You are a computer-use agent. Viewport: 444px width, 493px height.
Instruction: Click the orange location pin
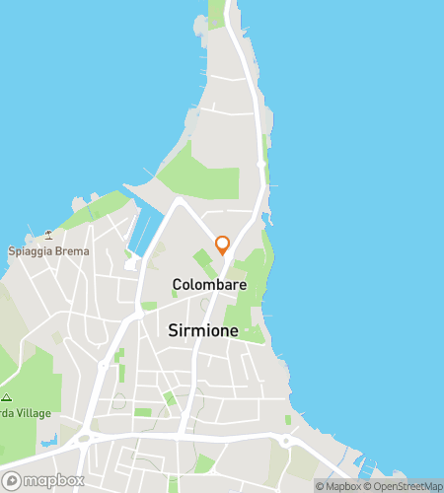pos(222,244)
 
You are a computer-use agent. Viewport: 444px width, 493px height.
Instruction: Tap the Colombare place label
pos(209,285)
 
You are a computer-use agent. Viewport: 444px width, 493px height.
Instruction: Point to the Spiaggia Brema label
pos(48,251)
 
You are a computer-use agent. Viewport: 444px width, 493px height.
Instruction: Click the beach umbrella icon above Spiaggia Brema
pos(47,235)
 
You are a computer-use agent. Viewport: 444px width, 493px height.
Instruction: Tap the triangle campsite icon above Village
pos(6,397)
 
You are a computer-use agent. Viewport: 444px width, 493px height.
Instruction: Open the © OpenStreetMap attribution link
pos(404,486)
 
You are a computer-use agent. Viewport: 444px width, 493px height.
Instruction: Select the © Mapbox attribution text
pos(338,486)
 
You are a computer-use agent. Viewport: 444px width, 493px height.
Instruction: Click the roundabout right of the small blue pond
pos(84,439)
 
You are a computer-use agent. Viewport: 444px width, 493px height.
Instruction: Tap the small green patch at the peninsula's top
pos(218,12)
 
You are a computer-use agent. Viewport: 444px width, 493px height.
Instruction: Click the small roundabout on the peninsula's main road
pos(260,164)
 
